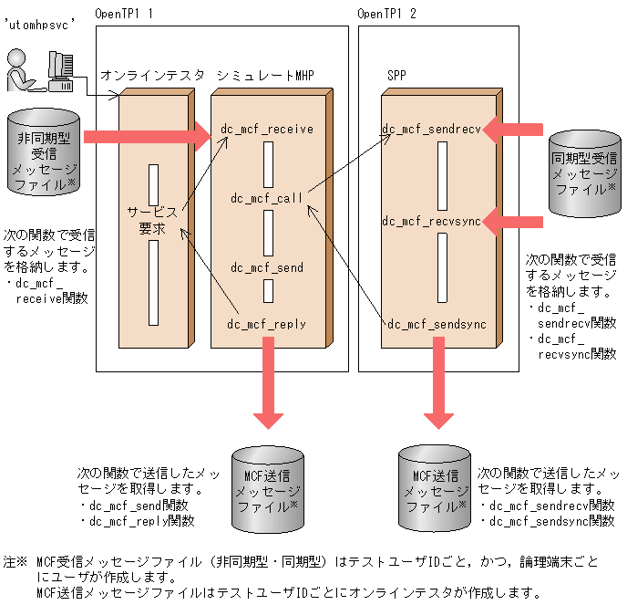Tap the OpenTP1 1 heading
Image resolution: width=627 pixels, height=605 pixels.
click(x=124, y=14)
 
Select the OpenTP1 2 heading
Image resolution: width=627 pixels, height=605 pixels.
click(x=387, y=14)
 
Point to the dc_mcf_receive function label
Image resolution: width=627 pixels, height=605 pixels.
click(x=267, y=130)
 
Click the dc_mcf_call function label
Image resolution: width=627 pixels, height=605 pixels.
click(x=267, y=197)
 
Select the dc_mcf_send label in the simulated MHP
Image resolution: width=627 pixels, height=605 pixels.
click(x=267, y=267)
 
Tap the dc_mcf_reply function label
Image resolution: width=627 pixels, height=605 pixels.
click(x=267, y=324)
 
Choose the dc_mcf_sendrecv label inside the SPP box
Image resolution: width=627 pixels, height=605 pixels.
click(x=431, y=130)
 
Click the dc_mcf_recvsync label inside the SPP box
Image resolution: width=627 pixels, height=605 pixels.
click(x=431, y=220)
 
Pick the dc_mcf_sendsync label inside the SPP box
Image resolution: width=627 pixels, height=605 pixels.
click(x=437, y=324)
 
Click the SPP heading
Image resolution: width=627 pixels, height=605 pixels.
click(x=397, y=75)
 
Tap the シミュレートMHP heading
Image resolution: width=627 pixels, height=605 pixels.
click(x=265, y=75)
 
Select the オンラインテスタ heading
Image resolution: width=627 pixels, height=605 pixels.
click(x=153, y=75)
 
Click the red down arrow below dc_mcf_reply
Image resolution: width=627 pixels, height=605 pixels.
click(x=269, y=383)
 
